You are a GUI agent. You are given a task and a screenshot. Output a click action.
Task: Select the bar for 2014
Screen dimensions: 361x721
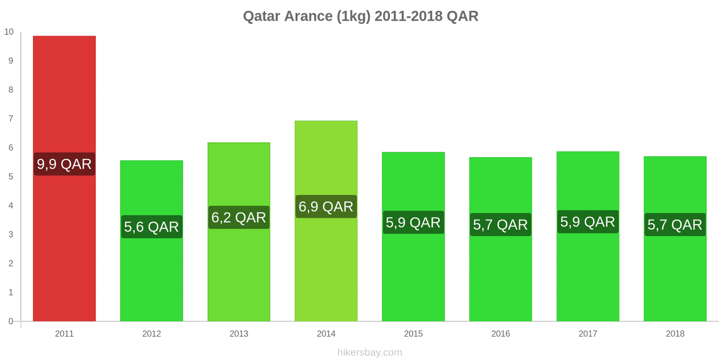click(x=326, y=271)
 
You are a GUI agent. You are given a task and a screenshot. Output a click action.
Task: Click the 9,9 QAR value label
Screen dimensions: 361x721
click(x=64, y=164)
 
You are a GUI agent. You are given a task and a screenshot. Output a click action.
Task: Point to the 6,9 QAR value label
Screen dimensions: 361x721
click(x=326, y=207)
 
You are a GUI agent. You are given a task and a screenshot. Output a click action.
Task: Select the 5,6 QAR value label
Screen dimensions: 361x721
click(x=151, y=227)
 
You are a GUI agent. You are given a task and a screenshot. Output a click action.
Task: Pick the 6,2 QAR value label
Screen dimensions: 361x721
click(x=238, y=218)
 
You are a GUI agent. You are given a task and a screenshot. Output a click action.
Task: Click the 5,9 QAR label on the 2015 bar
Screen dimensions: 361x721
click(x=413, y=222)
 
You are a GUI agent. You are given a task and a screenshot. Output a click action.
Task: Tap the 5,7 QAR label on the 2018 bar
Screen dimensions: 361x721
click(x=675, y=225)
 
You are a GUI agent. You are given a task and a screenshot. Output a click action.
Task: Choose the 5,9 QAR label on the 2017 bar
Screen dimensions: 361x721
click(x=588, y=222)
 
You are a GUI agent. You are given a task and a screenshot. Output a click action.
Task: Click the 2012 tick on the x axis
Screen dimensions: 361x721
click(x=151, y=334)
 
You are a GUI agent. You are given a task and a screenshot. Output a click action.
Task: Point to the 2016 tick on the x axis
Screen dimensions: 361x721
click(x=500, y=334)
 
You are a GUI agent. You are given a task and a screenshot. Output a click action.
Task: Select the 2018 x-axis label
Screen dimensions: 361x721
click(x=675, y=334)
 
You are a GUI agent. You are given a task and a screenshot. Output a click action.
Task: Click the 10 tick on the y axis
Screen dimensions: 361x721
click(x=9, y=32)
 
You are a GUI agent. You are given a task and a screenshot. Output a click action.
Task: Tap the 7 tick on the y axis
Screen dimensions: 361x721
click(x=11, y=119)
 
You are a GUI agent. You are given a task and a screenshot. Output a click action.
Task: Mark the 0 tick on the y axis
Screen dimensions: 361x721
click(x=11, y=321)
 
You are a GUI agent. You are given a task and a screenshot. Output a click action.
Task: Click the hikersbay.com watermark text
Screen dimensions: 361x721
click(x=370, y=352)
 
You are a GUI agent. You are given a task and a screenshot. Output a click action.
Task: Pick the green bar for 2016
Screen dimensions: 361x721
click(x=500, y=280)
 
